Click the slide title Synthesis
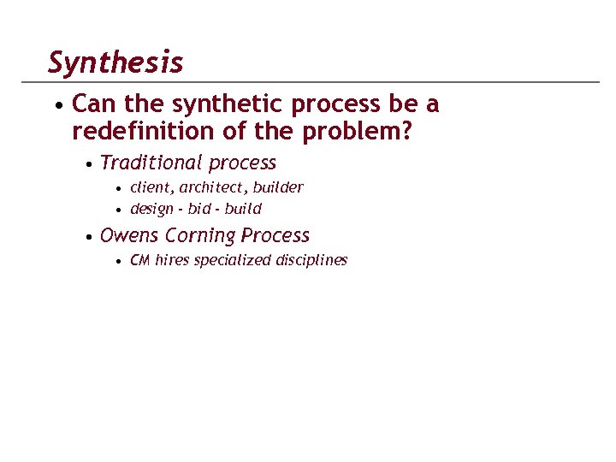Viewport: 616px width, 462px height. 115,62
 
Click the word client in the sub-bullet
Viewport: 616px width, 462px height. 150,187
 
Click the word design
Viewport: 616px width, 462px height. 151,209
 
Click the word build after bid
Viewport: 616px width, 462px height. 243,209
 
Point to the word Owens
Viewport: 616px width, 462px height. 129,235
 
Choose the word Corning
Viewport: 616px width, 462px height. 200,235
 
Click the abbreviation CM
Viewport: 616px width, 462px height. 139,260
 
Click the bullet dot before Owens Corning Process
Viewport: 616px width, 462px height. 89,237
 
